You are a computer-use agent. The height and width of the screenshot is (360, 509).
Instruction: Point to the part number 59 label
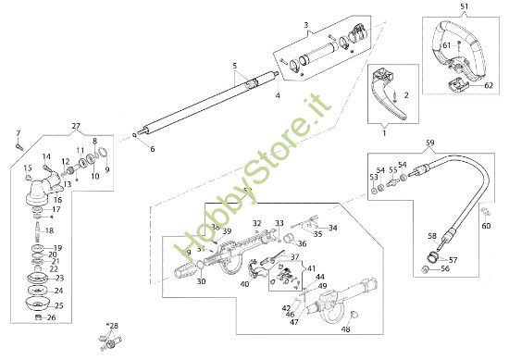coord(428,143)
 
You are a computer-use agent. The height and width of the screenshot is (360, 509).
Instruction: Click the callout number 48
coord(345,329)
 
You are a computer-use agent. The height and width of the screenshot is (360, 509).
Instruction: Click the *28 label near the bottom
coord(113,326)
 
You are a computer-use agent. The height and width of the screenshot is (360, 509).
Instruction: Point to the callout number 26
coord(52,317)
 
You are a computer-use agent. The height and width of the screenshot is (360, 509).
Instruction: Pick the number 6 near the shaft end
coord(153,148)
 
